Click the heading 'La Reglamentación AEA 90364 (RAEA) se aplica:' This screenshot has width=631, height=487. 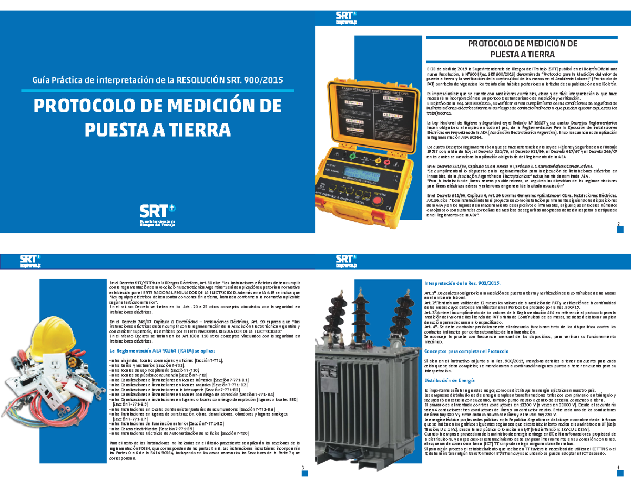coord(161,350)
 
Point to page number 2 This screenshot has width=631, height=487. coord(618,224)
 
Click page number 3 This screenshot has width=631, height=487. coord(303,467)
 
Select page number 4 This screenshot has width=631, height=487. coord(618,467)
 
